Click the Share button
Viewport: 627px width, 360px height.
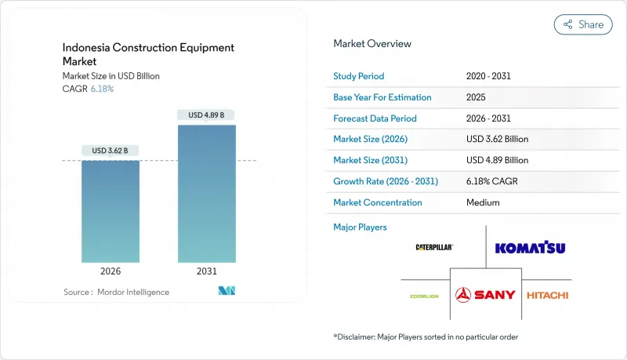[583, 24]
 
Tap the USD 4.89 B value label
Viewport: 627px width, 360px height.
[206, 115]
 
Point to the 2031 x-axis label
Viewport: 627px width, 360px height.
[206, 271]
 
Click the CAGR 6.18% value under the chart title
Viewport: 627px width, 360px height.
[103, 89]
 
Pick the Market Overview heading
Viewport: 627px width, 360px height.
[372, 43]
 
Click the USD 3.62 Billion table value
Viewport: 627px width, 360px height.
[497, 139]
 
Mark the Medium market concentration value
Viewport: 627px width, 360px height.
[482, 202]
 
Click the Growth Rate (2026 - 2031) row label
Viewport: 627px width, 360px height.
[386, 181]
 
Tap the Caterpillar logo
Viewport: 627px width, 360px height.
[434, 247]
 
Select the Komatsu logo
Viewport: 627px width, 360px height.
[530, 248]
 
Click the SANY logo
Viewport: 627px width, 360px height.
[486, 294]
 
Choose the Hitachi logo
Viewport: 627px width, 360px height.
[547, 295]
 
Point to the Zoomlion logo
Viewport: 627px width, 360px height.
[424, 296]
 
